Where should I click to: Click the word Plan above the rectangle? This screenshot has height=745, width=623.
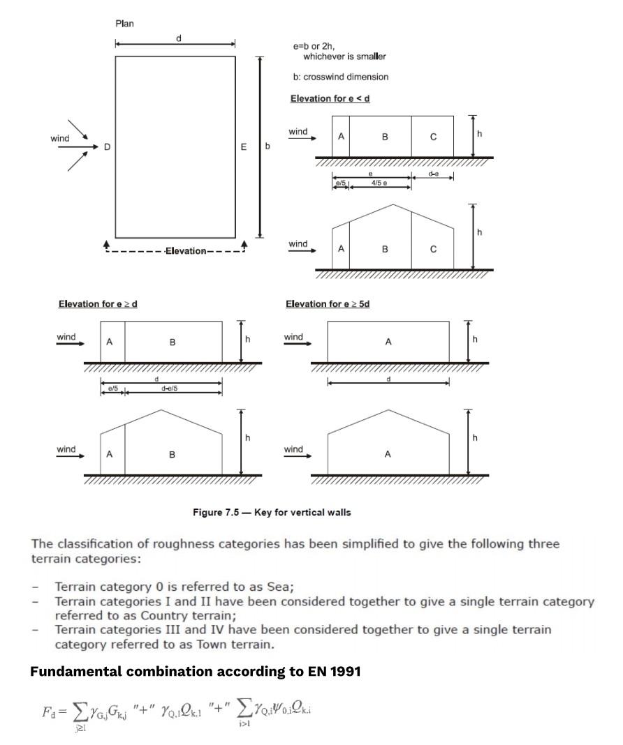click(124, 24)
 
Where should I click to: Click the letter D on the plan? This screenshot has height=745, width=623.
click(107, 147)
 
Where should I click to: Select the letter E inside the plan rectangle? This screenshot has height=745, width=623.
click(244, 147)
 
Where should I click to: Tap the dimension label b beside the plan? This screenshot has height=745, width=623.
click(267, 147)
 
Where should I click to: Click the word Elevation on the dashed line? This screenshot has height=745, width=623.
click(185, 251)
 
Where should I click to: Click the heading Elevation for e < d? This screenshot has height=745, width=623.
click(330, 98)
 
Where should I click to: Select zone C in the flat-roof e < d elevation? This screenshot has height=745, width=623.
click(433, 137)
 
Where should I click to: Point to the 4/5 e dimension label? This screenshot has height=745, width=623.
click(381, 183)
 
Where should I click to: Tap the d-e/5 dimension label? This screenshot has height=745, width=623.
click(170, 389)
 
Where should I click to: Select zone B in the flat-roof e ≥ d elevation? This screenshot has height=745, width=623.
click(173, 343)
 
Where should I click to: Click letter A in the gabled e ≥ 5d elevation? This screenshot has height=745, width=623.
click(388, 454)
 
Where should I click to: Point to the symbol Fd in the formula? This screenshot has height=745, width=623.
click(48, 713)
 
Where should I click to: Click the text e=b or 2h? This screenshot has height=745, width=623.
click(314, 46)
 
